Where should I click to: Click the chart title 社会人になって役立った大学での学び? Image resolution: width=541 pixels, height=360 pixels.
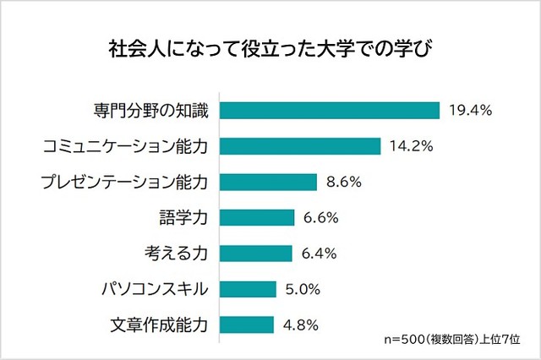point(270,44)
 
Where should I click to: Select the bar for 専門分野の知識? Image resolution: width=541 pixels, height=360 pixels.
point(331,111)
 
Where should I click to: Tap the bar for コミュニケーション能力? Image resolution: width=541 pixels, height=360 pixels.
point(301,146)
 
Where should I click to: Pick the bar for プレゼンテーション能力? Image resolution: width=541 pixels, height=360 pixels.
point(269,182)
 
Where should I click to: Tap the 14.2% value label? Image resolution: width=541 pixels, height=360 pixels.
point(412,146)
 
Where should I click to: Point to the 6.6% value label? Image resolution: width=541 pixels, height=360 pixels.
point(321,217)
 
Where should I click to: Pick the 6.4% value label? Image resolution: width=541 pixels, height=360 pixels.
point(320,253)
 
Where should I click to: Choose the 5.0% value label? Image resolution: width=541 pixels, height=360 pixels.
point(303,289)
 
